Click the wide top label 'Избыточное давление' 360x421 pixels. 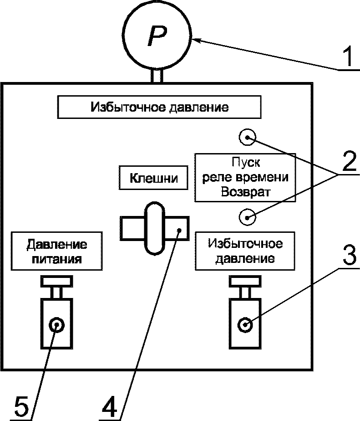tap(159, 107)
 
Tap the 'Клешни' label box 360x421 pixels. tap(154, 178)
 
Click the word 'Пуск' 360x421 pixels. tap(246, 163)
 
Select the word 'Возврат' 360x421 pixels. tap(245, 192)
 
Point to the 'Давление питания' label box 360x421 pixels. tap(56, 251)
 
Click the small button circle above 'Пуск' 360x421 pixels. tap(247, 138)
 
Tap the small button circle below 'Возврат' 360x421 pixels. tap(247, 217)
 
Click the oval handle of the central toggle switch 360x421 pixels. tap(155, 228)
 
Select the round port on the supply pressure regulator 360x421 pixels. tap(56, 325)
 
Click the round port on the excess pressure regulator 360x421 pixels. tap(245, 325)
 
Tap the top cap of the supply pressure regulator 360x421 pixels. tap(56, 281)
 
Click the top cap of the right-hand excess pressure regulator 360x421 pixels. tap(245, 281)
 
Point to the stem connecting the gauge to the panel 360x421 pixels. tap(157, 76)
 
